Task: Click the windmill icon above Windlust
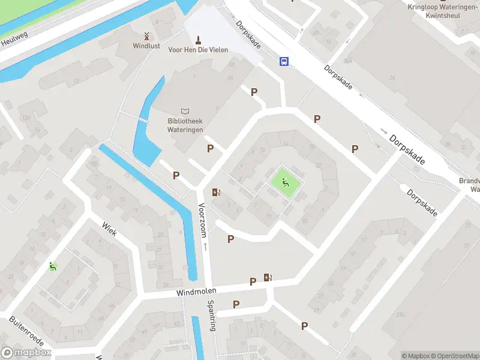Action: pos(146,36)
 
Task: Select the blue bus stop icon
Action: pos(284,61)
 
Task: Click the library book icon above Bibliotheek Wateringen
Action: pos(185,112)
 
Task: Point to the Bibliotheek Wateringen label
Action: pos(185,125)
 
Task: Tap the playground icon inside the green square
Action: pos(286,182)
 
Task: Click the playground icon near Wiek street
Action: pos(53,266)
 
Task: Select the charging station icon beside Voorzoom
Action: pos(216,193)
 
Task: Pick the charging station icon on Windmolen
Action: pos(268,277)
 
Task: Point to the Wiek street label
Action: pos(109,229)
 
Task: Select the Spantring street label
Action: pos(211,316)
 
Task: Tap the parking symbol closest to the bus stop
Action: pos(254,92)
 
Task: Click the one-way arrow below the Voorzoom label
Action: pos(205,246)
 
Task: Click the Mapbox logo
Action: pos(26,353)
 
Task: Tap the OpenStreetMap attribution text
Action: pos(454,356)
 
